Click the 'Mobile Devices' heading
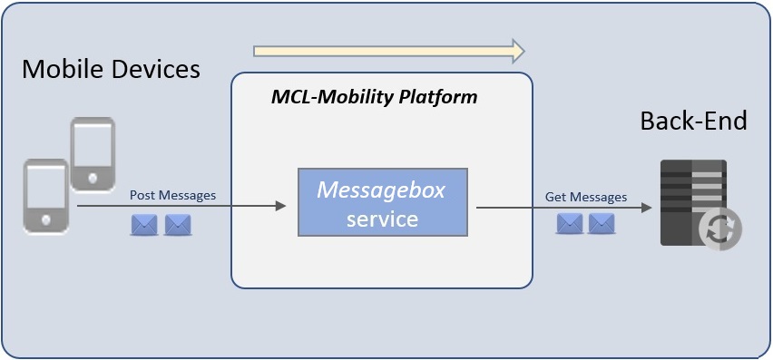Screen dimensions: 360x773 coord(111,69)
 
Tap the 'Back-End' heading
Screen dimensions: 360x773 coord(693,121)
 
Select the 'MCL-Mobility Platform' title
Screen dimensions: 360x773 coord(374,97)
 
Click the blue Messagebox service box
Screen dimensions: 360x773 coord(382,202)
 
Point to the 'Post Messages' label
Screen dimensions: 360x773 coord(172,195)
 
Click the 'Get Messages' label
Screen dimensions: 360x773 coord(585,196)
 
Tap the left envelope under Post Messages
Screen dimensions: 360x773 coord(144,225)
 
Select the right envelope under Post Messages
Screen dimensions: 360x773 coord(177,225)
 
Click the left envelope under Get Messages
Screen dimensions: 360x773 coord(569,223)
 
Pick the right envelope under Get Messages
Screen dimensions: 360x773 coord(601,223)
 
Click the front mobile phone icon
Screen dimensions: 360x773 coord(46,196)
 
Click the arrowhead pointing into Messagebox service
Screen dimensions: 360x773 coord(280,207)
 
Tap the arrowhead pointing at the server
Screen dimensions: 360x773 coord(646,208)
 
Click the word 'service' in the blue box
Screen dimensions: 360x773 coord(382,219)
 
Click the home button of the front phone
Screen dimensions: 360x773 coord(45,220)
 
